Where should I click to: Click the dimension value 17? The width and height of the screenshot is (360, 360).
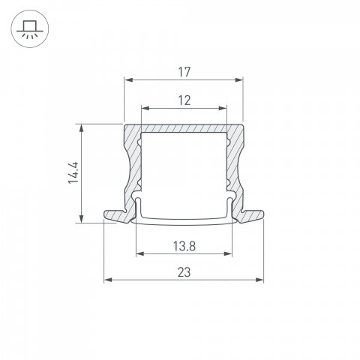(184, 72)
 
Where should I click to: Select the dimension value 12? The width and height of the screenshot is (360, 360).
(184, 99)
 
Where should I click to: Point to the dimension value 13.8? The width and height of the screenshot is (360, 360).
(184, 245)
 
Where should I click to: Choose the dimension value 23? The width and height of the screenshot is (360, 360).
(184, 274)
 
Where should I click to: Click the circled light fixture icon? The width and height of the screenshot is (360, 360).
(28, 28)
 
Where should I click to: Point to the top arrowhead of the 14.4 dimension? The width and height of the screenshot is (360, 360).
(80, 127)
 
